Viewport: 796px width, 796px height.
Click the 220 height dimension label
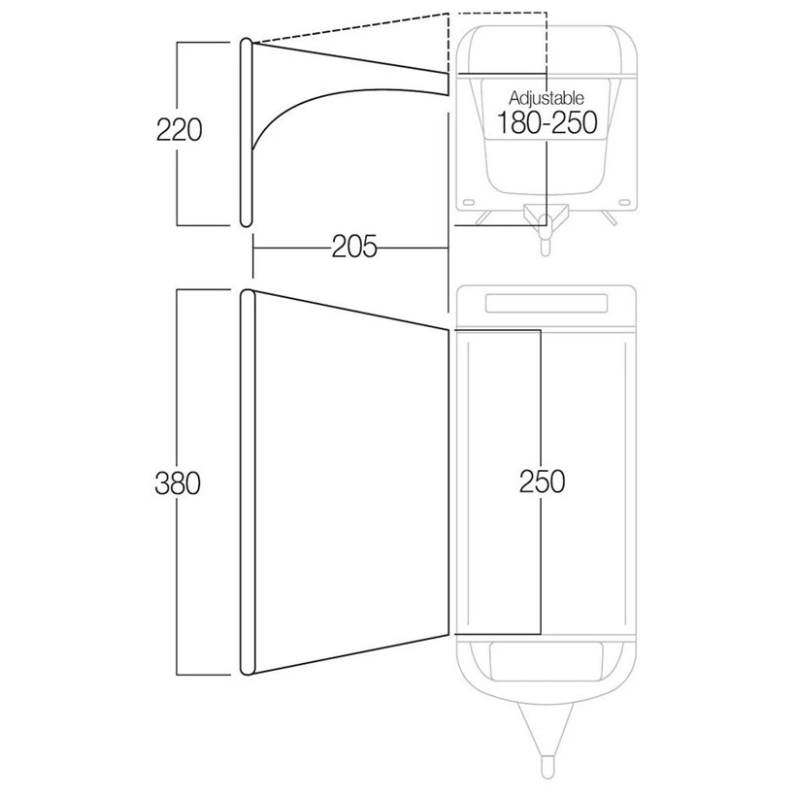179,129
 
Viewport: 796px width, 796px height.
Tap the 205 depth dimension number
354,247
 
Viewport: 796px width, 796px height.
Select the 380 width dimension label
178,482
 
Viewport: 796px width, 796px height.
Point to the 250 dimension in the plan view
542,481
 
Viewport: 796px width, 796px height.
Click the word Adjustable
547,97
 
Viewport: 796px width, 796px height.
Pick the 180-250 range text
547,122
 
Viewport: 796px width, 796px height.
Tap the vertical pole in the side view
246,132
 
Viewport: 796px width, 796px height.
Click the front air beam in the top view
247,482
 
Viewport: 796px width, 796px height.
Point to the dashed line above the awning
350,27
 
